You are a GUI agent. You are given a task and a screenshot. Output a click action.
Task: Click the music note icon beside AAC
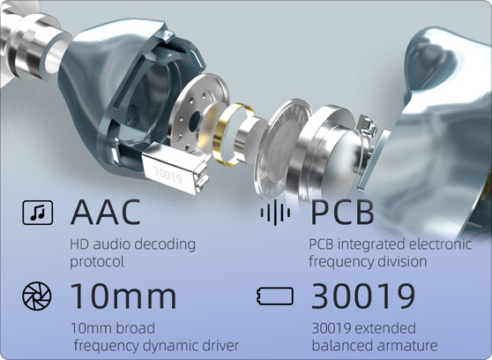coord(38,213)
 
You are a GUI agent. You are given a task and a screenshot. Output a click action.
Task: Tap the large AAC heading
coord(106,212)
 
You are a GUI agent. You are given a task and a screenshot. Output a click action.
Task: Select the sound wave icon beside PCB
coord(275,213)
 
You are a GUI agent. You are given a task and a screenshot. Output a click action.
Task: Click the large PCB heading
coord(342,212)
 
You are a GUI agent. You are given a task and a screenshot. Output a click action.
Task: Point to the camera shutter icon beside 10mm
coord(37,296)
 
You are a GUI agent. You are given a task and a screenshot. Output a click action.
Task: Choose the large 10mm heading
coord(123,296)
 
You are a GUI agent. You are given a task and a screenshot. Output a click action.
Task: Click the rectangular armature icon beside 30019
coord(275,296)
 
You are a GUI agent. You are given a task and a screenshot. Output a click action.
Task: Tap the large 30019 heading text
coord(363,296)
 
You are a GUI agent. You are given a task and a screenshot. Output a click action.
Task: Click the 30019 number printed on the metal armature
coord(168,175)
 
